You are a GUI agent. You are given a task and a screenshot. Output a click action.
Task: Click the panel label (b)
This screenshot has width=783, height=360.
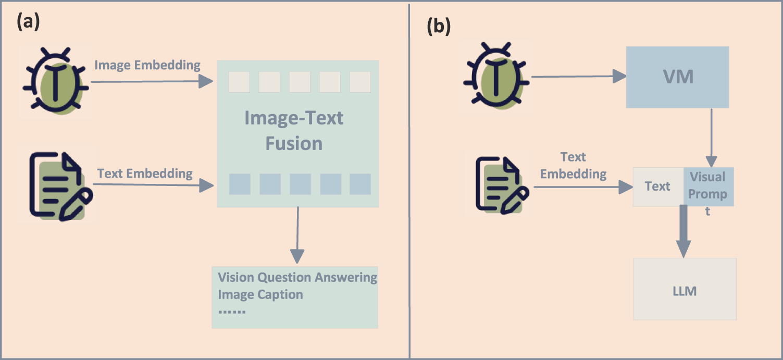coord(439,26)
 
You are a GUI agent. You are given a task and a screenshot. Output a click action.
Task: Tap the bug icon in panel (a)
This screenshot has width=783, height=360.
coord(55,81)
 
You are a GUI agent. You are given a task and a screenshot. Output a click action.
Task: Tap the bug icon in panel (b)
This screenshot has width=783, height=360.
coord(496,76)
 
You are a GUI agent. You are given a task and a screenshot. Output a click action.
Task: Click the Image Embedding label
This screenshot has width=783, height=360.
coord(147,65)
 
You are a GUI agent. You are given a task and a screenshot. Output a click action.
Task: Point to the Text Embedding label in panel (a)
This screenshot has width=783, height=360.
coord(145,173)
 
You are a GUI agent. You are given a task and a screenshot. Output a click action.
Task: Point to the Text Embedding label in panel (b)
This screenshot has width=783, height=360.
coord(573,166)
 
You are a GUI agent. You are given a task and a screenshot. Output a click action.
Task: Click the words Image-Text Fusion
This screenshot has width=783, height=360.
coord(294,131)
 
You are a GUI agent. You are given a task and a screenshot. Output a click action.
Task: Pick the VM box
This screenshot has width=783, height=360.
coord(677,77)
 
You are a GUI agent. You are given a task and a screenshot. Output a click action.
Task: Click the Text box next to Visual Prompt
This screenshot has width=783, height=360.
coord(657,186)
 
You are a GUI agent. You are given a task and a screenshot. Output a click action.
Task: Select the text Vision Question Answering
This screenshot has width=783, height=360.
coord(297,277)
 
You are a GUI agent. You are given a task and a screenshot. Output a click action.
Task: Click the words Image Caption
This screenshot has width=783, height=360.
coord(260,294)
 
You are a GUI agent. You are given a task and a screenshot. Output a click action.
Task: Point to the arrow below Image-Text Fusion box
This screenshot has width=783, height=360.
coord(297,234)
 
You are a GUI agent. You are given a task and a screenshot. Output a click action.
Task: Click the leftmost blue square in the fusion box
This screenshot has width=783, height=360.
coord(240,184)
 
